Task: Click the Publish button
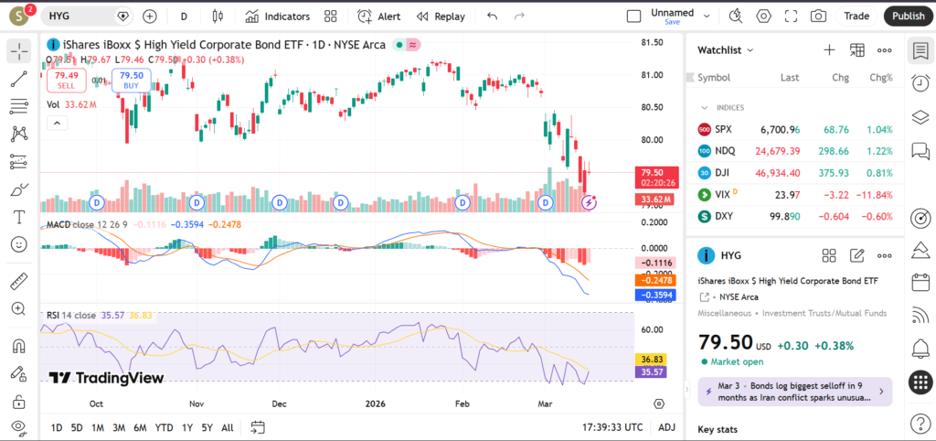coord(908,16)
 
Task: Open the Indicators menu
coord(279,16)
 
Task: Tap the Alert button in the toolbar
coord(379,16)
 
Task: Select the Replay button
coord(441,16)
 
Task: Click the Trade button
coord(856,16)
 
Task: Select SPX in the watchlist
coord(723,130)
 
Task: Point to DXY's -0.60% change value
coord(878,217)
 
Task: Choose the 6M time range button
coord(140,427)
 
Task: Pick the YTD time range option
coord(165,427)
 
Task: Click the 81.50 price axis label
coord(652,43)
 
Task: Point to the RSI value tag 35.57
coord(653,372)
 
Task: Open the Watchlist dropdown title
coord(726,50)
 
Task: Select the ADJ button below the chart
coord(667,427)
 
